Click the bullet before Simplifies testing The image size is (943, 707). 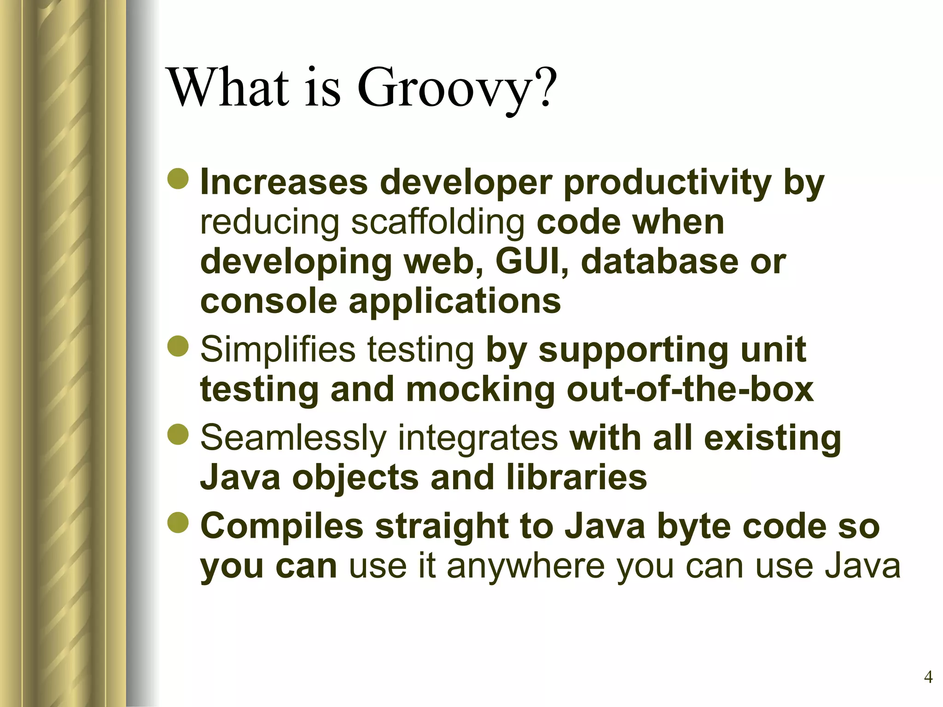(178, 347)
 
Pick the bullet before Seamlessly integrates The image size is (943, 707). (178, 435)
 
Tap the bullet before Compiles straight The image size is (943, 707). (178, 524)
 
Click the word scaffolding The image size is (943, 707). (438, 222)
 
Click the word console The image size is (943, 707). (268, 301)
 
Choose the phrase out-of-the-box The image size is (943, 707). (690, 389)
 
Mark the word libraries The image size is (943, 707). (576, 477)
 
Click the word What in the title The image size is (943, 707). (230, 87)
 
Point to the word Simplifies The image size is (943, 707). (278, 350)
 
